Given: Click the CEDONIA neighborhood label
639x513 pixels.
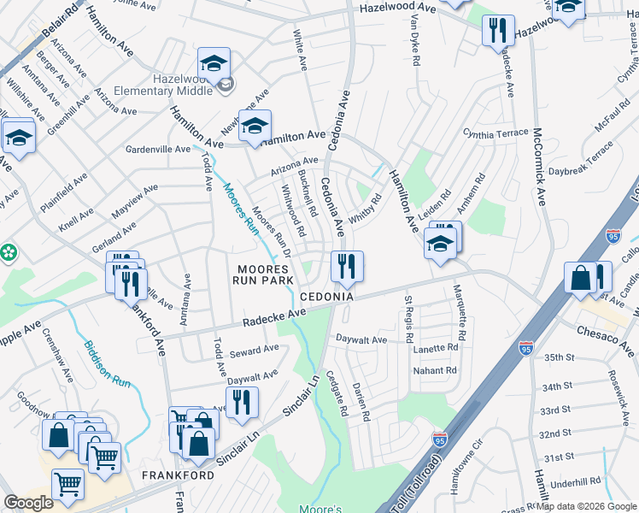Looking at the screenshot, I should (x=326, y=297).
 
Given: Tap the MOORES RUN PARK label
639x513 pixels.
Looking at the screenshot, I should (x=265, y=274).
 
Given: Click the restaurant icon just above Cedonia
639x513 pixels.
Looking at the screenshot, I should (x=347, y=266).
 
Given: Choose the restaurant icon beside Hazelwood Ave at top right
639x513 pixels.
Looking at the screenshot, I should (x=497, y=31).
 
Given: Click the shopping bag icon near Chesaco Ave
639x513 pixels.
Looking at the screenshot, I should (x=580, y=279).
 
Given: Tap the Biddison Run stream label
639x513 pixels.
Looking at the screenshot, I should (x=106, y=365).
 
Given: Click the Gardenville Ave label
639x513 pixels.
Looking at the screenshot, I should (x=158, y=149).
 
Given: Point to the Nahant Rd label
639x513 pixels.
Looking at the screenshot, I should (x=436, y=370).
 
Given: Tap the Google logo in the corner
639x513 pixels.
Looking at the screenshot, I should (x=28, y=503).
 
